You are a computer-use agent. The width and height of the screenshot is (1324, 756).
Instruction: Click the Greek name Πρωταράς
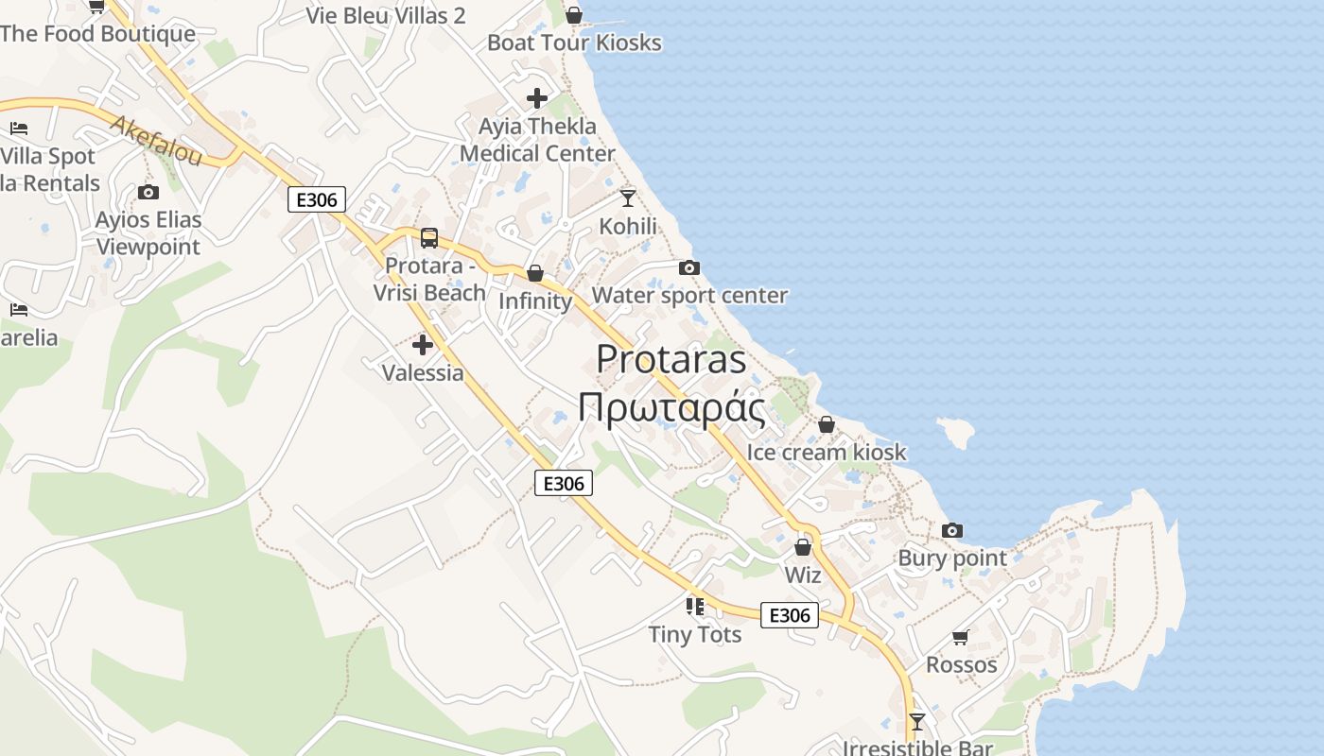(x=671, y=408)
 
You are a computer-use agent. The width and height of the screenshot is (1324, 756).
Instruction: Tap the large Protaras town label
(x=671, y=359)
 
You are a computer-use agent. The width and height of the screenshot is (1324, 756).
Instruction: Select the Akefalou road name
(x=156, y=140)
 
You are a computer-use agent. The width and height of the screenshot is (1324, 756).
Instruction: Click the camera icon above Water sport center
(x=689, y=268)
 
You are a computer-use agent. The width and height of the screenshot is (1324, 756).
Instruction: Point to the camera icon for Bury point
(x=952, y=531)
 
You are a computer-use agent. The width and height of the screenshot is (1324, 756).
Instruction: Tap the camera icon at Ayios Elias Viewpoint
(x=148, y=193)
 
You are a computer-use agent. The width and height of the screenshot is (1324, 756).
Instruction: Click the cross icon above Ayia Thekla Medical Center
(x=537, y=98)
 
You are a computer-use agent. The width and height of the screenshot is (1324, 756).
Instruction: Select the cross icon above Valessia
(x=423, y=345)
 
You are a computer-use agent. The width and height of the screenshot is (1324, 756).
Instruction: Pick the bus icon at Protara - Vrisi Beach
(x=429, y=238)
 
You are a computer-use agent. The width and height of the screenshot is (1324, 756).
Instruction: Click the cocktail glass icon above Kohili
(x=628, y=198)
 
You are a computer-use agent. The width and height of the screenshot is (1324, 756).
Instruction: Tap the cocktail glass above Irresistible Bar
(x=916, y=722)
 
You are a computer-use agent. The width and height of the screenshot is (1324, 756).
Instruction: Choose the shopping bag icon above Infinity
(x=535, y=274)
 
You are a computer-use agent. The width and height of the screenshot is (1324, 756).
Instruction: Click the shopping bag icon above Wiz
(x=803, y=547)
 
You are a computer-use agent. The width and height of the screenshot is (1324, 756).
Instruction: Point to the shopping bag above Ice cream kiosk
(x=827, y=425)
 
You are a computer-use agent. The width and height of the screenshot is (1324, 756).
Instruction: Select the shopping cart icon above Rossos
(x=961, y=638)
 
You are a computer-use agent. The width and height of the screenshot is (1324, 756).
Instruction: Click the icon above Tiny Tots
(x=695, y=607)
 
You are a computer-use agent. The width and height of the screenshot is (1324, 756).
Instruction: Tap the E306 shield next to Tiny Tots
(x=790, y=615)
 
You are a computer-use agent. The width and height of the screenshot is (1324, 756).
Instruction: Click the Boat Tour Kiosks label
(x=574, y=43)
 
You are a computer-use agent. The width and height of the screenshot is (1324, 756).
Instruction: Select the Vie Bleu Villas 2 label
(x=386, y=15)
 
